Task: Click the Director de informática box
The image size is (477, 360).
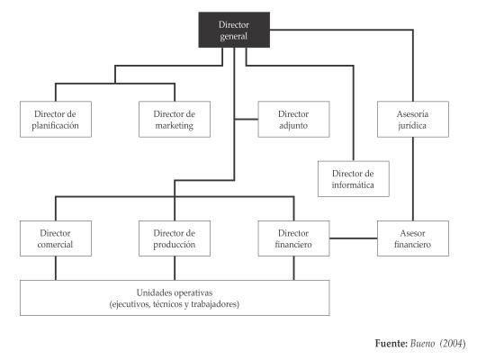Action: [353, 179]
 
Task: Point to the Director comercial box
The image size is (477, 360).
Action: [57, 238]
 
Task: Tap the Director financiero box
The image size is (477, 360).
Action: [293, 238]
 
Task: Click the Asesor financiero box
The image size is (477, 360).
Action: [411, 238]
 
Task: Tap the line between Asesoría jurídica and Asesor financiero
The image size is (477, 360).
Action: [411, 178]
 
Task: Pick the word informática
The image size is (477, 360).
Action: [353, 186]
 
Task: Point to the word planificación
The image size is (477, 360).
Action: [57, 126]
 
